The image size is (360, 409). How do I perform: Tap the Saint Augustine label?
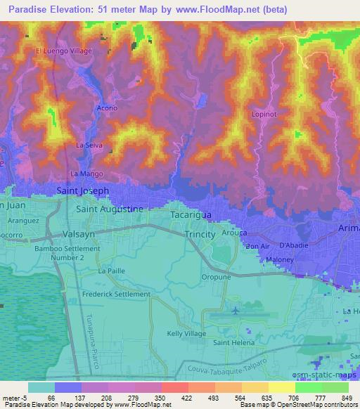[x=110, y=209]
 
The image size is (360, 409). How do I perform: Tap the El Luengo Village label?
[x=64, y=51]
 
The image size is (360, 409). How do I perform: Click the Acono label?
[x=107, y=109]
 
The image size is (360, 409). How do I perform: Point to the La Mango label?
[x=87, y=173]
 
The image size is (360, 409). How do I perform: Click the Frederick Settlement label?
[x=116, y=294]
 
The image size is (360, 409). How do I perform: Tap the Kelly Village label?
[x=186, y=333]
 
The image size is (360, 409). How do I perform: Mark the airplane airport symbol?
[x=234, y=310]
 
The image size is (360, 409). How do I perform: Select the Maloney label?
[x=279, y=260]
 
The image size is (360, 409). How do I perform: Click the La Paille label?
[x=111, y=271]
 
